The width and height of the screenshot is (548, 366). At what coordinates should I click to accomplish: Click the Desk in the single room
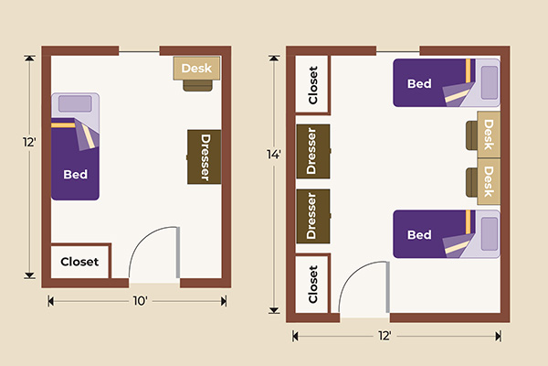[197, 69]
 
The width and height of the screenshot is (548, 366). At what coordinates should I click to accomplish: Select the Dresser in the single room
[205, 156]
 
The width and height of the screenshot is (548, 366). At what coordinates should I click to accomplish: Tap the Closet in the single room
[79, 262]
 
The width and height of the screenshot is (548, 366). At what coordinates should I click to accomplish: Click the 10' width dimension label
[140, 299]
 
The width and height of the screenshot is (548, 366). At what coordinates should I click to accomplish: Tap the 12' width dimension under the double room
[385, 336]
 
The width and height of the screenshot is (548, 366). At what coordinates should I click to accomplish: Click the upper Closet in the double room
[312, 86]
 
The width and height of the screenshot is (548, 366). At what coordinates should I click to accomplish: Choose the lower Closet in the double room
[312, 284]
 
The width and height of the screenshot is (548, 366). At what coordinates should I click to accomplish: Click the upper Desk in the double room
[489, 135]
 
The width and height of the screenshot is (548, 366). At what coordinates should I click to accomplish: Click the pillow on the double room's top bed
[488, 83]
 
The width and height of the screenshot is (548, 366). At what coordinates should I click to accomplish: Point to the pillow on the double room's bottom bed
[488, 234]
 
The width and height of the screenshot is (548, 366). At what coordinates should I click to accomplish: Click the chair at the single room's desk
[197, 85]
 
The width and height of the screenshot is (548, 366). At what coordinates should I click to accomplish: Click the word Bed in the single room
[75, 172]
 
